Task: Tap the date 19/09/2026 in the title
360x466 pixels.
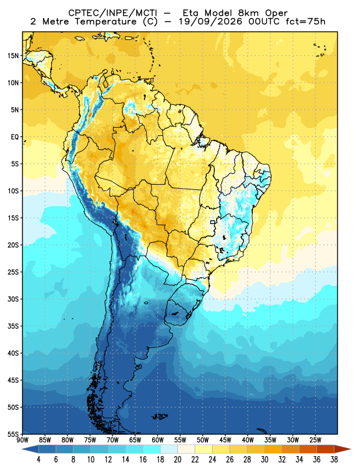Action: pyautogui.click(x=211, y=22)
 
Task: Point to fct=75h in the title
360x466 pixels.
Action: pyautogui.click(x=305, y=22)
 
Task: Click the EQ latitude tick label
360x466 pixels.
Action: pyautogui.click(x=15, y=137)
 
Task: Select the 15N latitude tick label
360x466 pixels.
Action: pyautogui.click(x=13, y=56)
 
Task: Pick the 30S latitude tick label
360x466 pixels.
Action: pyautogui.click(x=13, y=299)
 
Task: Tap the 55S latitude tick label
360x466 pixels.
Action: pyautogui.click(x=13, y=434)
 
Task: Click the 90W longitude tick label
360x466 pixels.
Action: pyautogui.click(x=22, y=440)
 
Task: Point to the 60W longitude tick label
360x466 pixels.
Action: pyautogui.click(x=157, y=440)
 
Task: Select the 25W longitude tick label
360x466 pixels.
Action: pyautogui.click(x=315, y=440)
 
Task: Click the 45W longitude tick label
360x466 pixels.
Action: pyautogui.click(x=225, y=440)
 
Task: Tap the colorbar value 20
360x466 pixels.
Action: pyautogui.click(x=178, y=460)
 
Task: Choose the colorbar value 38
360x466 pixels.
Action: pyautogui.click(x=334, y=460)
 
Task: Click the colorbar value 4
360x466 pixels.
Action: pyautogui.click(x=38, y=460)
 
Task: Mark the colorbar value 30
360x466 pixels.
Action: pyautogui.click(x=264, y=460)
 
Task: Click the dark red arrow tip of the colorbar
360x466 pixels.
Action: pyautogui.click(x=350, y=449)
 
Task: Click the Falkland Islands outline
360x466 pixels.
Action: pyautogui.click(x=160, y=416)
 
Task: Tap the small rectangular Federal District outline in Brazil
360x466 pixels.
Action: pyautogui.click(x=213, y=222)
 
